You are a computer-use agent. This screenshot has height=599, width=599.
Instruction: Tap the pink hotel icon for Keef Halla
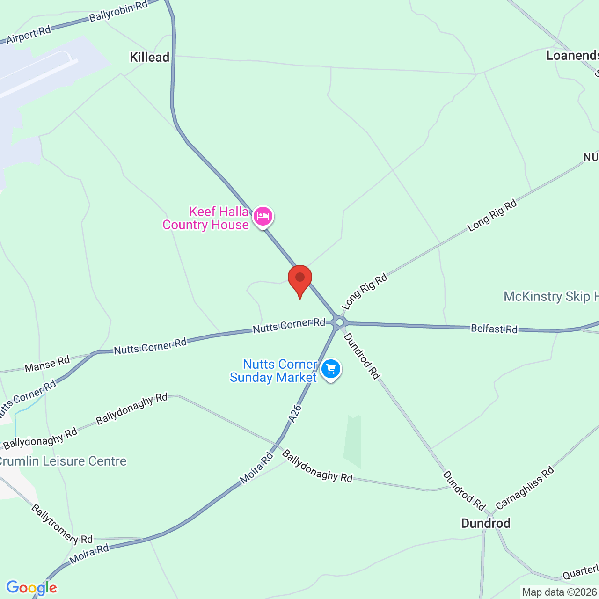coord(263,217)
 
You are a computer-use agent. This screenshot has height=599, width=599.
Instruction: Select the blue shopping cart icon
coord(331,369)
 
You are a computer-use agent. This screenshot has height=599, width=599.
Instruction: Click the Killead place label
coord(149,57)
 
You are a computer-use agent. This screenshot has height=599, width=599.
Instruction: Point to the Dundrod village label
coord(486,523)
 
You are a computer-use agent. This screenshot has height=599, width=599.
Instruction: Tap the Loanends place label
coord(572,56)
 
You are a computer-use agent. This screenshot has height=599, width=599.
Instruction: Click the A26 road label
coord(295,414)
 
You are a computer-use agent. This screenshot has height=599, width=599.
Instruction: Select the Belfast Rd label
coord(494,329)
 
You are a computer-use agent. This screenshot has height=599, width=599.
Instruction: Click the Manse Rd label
coord(47,364)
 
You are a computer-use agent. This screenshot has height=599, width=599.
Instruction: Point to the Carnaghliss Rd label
coord(525,488)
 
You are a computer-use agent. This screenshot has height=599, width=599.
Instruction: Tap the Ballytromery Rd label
coord(62,524)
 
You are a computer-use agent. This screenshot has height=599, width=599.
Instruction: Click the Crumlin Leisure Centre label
coord(62,461)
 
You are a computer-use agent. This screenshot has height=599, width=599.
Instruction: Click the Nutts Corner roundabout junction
coord(340,322)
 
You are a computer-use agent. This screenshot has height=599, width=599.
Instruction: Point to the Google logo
coord(31,588)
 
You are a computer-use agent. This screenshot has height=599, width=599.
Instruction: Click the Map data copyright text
coord(559,592)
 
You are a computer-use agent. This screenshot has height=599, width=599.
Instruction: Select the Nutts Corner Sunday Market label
coord(274,371)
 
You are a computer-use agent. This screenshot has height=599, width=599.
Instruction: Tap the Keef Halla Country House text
coord(206,218)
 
